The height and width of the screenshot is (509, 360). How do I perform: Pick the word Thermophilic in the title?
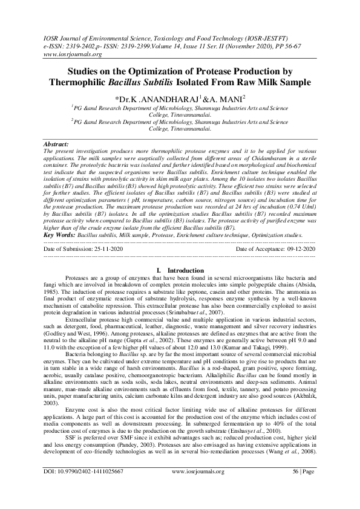pyautogui.click(x=96, y=82)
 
